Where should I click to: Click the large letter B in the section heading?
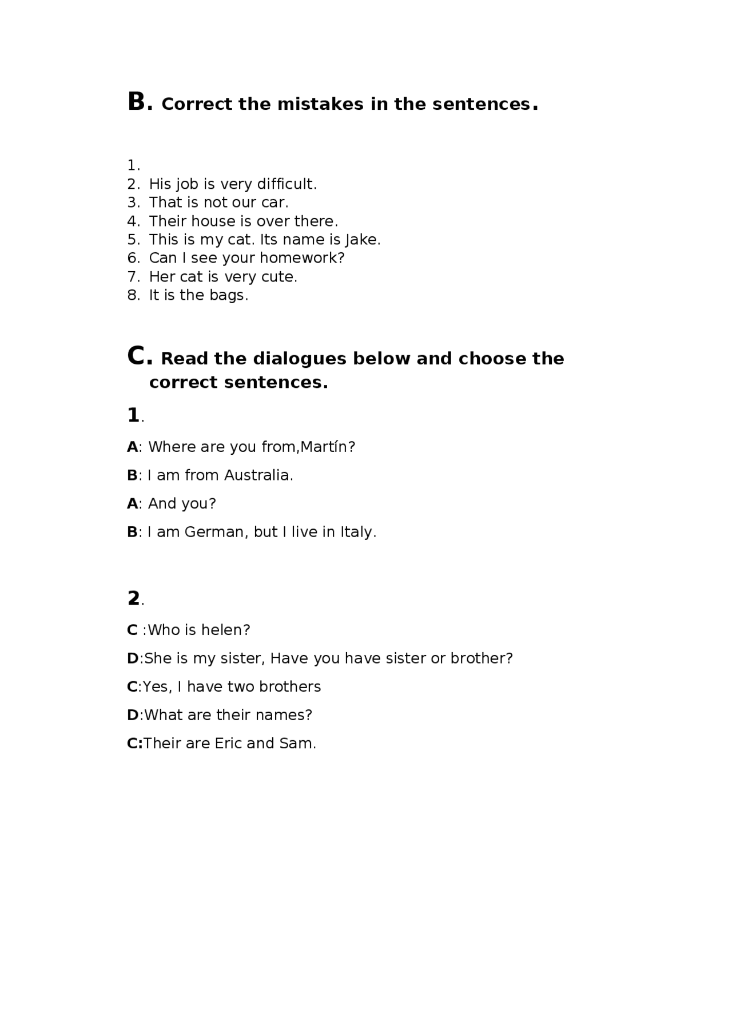coord(137,102)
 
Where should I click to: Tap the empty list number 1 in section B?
coord(133,165)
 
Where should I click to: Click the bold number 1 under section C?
coord(133,415)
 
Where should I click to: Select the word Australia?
coord(258,475)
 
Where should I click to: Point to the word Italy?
coord(357,532)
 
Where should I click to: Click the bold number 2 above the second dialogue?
coord(133,598)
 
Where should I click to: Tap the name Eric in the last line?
coord(228,744)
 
